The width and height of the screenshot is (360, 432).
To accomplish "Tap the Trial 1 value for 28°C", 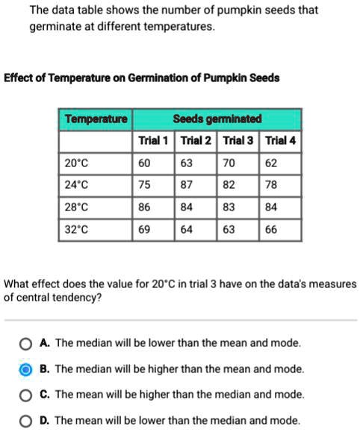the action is tap(144, 207).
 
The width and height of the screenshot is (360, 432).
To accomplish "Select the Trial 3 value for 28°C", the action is tap(229, 207).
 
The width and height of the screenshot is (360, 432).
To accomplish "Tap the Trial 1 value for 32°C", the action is tap(144, 230).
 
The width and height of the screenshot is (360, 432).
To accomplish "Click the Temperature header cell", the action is tap(96, 120).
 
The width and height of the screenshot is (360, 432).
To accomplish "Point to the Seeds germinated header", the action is tap(217, 120).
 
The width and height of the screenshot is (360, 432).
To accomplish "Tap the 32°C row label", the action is tap(76, 230).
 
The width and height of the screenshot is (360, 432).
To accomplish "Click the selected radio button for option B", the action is tap(26, 369).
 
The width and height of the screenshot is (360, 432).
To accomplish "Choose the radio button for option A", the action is tap(26, 344).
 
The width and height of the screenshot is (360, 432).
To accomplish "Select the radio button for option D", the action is tap(26, 420).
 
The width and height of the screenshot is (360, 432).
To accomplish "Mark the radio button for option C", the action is tap(26, 395).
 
